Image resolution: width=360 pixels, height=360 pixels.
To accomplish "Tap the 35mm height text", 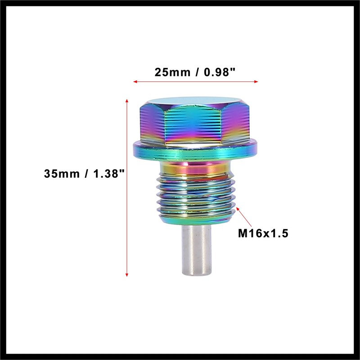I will point(63,173).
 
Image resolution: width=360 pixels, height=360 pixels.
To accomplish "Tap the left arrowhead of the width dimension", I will point(135,82).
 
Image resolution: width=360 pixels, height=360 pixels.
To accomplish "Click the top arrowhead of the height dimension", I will point(127,100).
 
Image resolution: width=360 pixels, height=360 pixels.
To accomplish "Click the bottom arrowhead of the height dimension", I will point(127,274).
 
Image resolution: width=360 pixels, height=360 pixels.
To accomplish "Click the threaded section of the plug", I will point(196,198).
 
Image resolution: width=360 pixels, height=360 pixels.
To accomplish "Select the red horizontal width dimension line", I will point(195,82).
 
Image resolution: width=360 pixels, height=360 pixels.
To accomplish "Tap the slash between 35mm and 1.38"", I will point(86,173).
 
